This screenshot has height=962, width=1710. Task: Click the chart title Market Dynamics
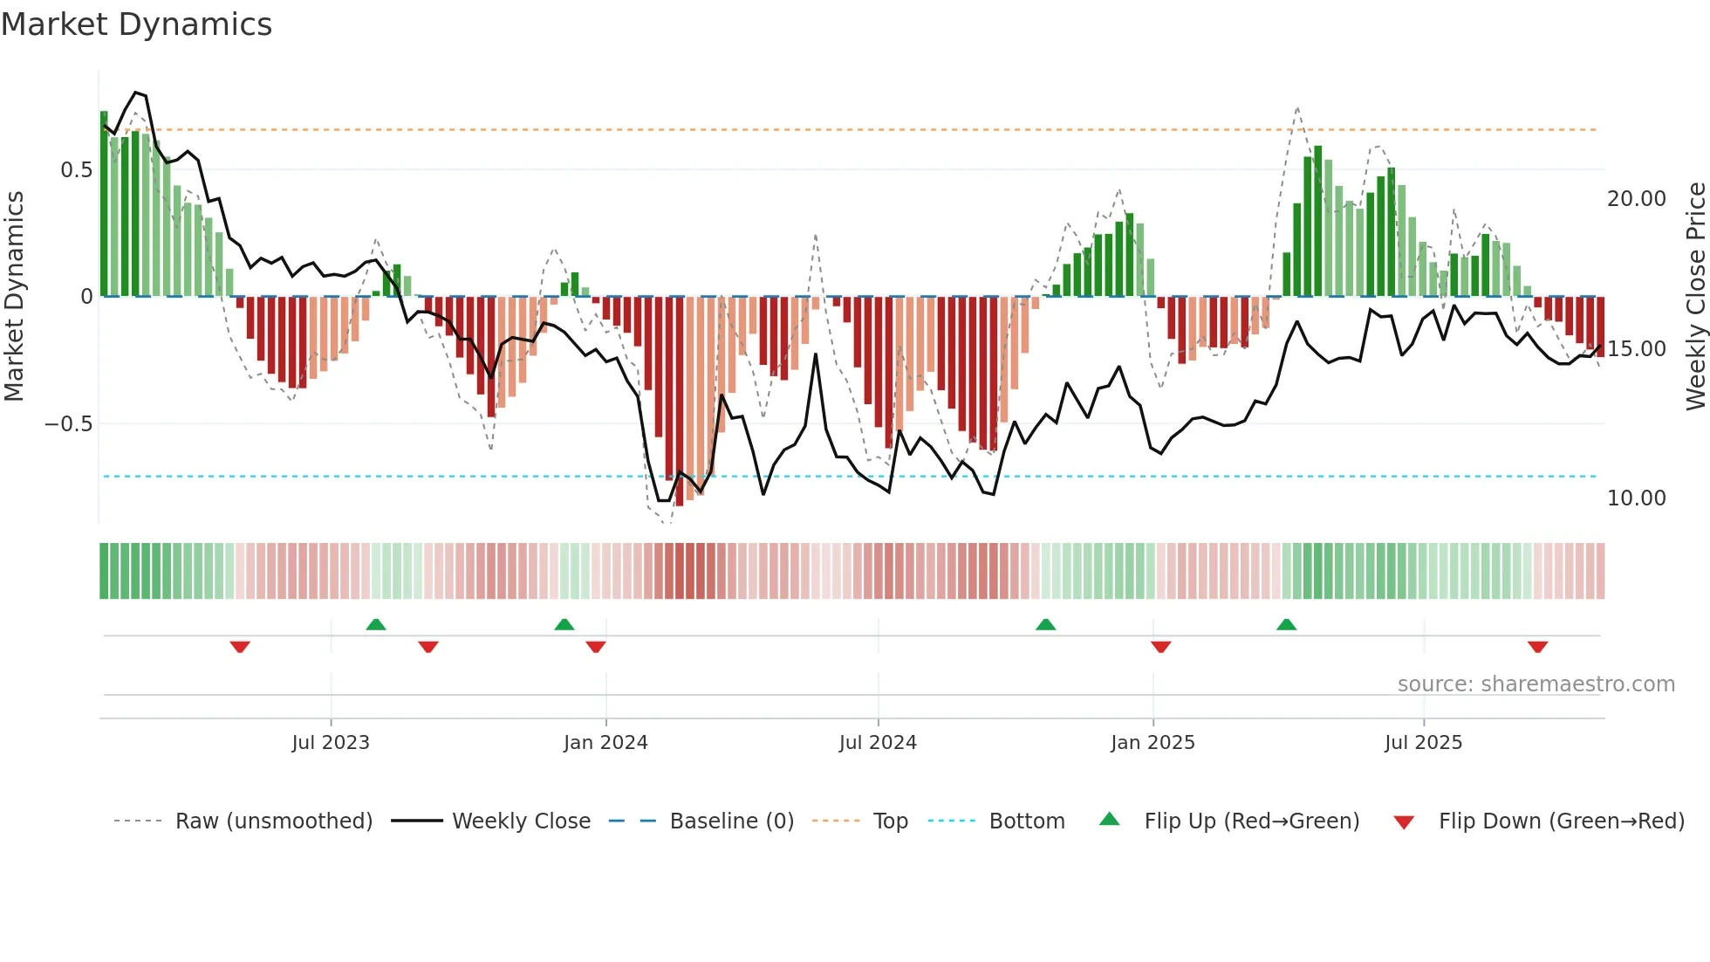pyautogui.click(x=137, y=24)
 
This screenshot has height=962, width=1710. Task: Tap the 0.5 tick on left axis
pyautogui.click(x=76, y=169)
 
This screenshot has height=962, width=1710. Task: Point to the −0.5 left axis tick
pyautogui.click(x=68, y=424)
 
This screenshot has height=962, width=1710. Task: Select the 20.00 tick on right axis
pyautogui.click(x=1636, y=199)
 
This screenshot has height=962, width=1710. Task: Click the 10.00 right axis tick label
pyautogui.click(x=1636, y=498)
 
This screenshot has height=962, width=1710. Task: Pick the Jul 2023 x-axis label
pyautogui.click(x=331, y=743)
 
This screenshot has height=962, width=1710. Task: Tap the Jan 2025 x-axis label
pyautogui.click(x=1153, y=743)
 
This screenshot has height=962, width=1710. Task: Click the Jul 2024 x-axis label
pyautogui.click(x=878, y=743)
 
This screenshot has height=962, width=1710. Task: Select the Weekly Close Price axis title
pyautogui.click(x=1695, y=297)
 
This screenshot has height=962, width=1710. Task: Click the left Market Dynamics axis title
pyautogui.click(x=14, y=297)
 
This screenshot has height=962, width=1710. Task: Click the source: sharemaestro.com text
pyautogui.click(x=1536, y=684)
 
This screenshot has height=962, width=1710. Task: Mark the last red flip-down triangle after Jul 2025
pyautogui.click(x=1537, y=647)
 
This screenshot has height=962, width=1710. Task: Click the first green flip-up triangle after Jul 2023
pyautogui.click(x=376, y=624)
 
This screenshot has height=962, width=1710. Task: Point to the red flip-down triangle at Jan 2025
pyautogui.click(x=1160, y=647)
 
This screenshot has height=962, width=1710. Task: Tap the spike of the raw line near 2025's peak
pyautogui.click(x=1297, y=109)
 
